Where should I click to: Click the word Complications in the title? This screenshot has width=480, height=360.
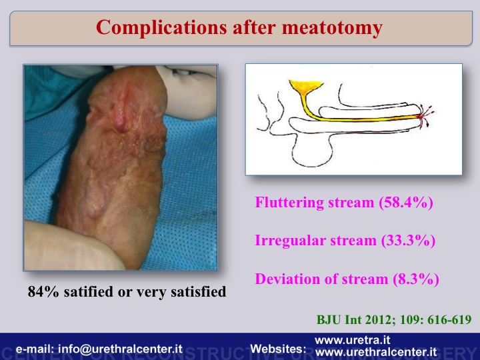(x=161, y=27)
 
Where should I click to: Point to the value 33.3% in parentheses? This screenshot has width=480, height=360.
(x=409, y=241)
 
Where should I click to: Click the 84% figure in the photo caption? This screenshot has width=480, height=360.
(x=43, y=291)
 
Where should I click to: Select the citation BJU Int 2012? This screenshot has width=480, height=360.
(x=354, y=319)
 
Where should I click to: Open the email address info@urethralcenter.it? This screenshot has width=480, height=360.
(x=120, y=349)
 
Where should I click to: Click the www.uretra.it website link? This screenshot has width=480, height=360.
(x=353, y=340)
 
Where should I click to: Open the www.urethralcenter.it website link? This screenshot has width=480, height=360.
(x=376, y=353)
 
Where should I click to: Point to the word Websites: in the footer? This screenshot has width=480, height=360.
(x=278, y=349)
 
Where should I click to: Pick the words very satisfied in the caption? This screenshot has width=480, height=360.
(x=181, y=291)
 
